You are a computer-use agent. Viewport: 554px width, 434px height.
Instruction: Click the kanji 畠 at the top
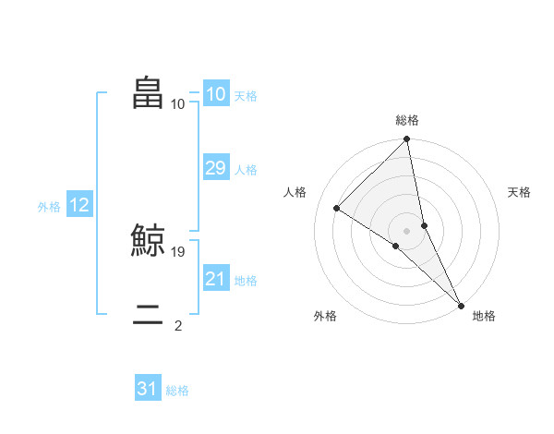pyautogui.click(x=149, y=93)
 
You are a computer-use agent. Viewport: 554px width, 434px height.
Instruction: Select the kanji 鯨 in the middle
pyautogui.click(x=149, y=241)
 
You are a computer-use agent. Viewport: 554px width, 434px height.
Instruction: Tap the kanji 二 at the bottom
pyautogui.click(x=149, y=319)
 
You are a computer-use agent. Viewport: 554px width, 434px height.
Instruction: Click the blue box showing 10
pyautogui.click(x=215, y=94)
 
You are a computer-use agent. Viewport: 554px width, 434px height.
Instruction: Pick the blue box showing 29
pyautogui.click(x=215, y=168)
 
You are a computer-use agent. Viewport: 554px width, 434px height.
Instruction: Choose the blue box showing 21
pyautogui.click(x=215, y=279)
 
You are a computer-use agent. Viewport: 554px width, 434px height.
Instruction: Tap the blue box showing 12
pyautogui.click(x=78, y=205)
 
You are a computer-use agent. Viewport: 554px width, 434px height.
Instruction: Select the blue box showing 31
pyautogui.click(x=148, y=389)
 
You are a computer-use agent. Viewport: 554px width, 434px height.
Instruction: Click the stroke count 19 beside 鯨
pyautogui.click(x=178, y=251)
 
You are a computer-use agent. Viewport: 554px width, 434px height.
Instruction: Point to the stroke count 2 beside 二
pyautogui.click(x=178, y=325)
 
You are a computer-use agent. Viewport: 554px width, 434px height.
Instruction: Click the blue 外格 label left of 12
pyautogui.click(x=49, y=207)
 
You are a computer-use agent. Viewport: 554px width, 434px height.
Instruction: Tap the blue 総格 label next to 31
pyautogui.click(x=177, y=391)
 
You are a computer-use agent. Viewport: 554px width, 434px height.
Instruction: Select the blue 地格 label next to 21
pyautogui.click(x=246, y=281)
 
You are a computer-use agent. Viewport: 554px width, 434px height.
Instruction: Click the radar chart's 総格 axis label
pyautogui.click(x=407, y=120)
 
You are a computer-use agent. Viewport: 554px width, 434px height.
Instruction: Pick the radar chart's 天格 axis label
pyautogui.click(x=519, y=192)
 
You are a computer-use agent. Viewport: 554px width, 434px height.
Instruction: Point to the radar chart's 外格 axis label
pyautogui.click(x=325, y=316)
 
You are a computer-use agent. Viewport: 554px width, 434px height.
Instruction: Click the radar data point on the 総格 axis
pyautogui.click(x=407, y=139)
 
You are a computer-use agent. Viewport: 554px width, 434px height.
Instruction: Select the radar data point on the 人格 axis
pyautogui.click(x=337, y=208)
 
